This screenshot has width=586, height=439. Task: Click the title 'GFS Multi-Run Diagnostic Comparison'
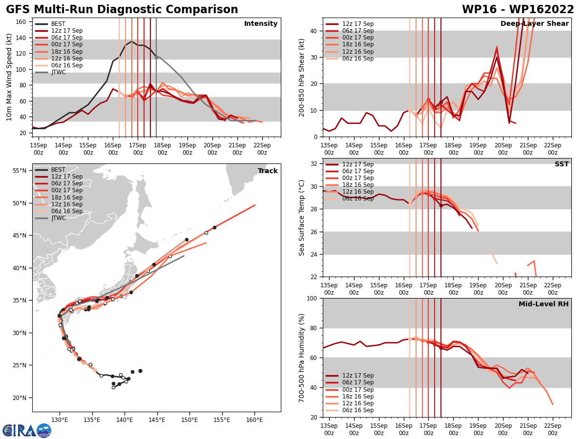coord(122,10)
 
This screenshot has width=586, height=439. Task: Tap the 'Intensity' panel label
coord(261,24)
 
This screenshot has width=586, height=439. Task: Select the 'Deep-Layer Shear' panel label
coord(534,24)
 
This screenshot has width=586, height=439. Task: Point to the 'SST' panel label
coord(562,164)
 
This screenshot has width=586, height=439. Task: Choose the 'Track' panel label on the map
coord(268,171)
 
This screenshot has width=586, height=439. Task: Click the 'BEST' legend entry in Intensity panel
coord(58,24)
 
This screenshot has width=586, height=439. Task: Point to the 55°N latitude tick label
coord(20,171)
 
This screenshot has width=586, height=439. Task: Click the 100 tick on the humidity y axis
coord(313,298)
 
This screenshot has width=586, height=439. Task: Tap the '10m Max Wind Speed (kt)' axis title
coord(9,77)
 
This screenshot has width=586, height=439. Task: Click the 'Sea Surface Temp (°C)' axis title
coord(302,218)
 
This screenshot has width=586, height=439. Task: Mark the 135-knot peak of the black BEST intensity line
coord(131,41)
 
